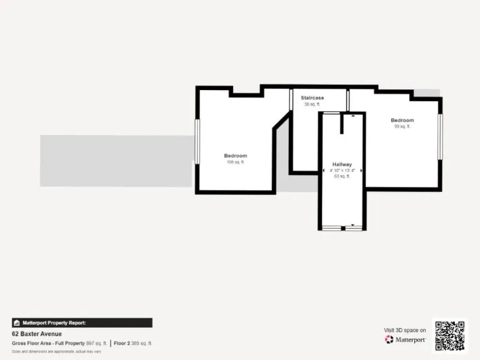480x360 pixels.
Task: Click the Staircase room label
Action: click(312, 98)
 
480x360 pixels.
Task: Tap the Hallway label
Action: click(342, 164)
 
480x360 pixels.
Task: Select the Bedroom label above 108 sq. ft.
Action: click(236, 156)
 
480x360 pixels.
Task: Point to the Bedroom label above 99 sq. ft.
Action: click(402, 120)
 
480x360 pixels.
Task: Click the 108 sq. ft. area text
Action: click(236, 162)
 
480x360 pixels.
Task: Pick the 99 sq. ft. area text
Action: click(402, 126)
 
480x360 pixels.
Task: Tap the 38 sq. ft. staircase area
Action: click(312, 104)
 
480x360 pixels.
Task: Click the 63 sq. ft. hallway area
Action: click(342, 176)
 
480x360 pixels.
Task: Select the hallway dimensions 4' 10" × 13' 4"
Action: click(342, 171)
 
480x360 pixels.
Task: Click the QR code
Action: click(450, 335)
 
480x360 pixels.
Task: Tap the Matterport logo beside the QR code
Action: click(406, 339)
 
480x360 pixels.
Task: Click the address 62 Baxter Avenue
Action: click(37, 334)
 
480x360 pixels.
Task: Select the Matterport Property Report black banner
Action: click(82, 322)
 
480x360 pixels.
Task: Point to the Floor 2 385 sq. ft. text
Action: click(132, 343)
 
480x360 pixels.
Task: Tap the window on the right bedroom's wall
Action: click(440, 136)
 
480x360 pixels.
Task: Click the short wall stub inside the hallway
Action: click(342, 124)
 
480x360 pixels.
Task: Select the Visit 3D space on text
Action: click(405, 330)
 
